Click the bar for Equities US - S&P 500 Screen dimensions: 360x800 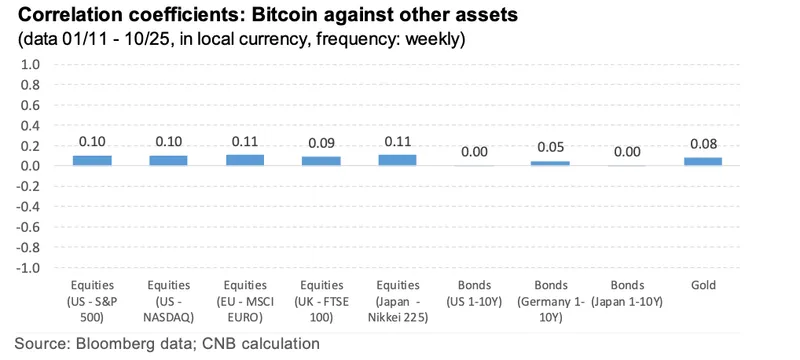pyautogui.click(x=92, y=160)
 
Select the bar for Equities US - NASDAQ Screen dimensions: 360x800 pyautogui.click(x=168, y=160)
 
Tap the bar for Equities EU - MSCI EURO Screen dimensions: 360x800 pyautogui.click(x=245, y=160)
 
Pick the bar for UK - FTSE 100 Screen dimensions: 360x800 pyautogui.click(x=321, y=161)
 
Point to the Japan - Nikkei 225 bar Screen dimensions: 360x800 pyautogui.click(x=397, y=160)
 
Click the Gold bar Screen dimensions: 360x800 pyautogui.click(x=703, y=161)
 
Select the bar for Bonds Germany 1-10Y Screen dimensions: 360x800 pyautogui.click(x=550, y=163)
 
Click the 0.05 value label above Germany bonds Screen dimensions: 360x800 pyautogui.click(x=550, y=148)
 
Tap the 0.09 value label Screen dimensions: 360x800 pyautogui.click(x=321, y=143)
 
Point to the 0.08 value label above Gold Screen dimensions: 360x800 pyautogui.click(x=703, y=145)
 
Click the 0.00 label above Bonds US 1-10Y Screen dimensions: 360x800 pyautogui.click(x=474, y=152)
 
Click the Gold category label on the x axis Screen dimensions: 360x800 pyautogui.click(x=703, y=286)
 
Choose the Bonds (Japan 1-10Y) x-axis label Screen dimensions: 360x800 pyautogui.click(x=626, y=293)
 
